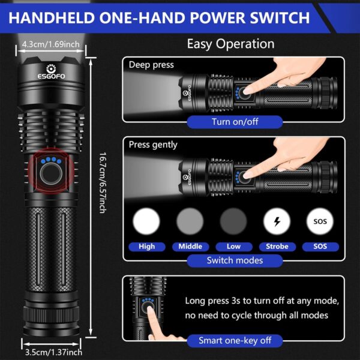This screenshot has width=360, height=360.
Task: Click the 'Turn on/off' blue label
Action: pos(234,122)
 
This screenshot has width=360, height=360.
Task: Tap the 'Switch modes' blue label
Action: pos(235,260)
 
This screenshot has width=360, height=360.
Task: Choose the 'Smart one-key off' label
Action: pos(235,340)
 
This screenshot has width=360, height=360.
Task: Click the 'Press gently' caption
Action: pos(153,145)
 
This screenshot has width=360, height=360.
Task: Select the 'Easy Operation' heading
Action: pos(230,44)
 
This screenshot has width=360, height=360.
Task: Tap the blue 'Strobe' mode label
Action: pos(277,246)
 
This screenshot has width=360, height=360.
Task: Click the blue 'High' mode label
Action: pos(146,246)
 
